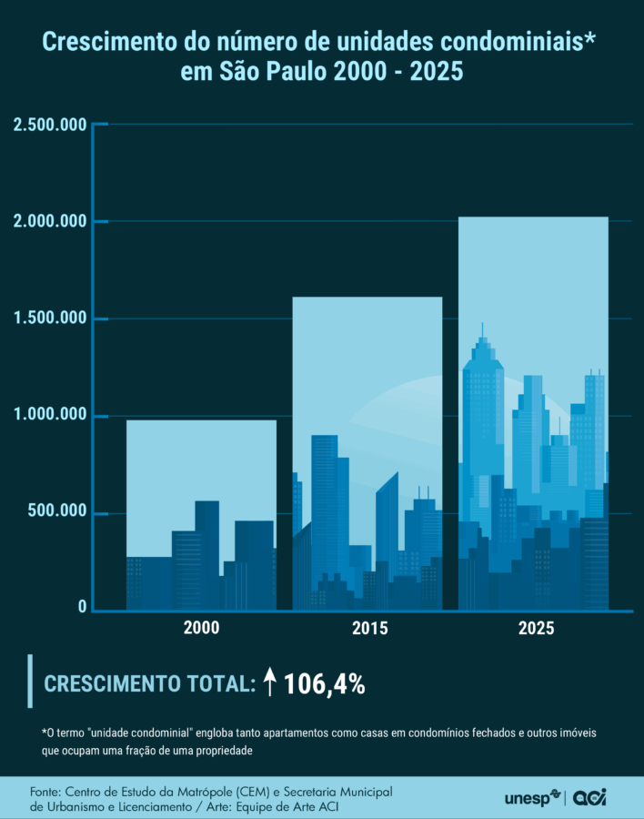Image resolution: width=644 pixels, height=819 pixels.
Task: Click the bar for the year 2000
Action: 201,514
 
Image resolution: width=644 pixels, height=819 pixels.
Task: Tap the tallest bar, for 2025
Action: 533,413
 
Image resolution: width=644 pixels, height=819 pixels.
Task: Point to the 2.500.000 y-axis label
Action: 50,125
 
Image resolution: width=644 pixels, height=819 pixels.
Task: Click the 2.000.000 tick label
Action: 50,222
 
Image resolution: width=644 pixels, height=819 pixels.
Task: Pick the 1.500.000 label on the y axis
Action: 50,318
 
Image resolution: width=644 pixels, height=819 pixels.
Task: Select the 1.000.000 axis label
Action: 50,416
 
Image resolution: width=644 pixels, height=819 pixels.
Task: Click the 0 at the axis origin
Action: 83,607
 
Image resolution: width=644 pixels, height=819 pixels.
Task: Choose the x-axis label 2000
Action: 201,629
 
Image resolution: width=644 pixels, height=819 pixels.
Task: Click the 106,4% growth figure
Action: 325,684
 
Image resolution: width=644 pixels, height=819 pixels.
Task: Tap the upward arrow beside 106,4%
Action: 269,682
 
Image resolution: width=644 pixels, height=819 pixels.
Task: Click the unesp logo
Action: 533,798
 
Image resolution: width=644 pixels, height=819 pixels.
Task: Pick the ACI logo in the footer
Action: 589,798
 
